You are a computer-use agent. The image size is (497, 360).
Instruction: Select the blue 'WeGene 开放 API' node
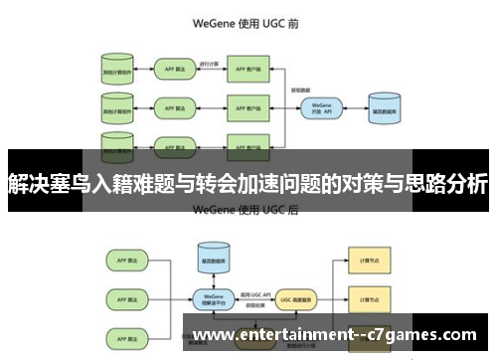coord(320,107)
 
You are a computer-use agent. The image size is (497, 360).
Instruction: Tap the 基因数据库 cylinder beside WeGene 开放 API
coord(385,108)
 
